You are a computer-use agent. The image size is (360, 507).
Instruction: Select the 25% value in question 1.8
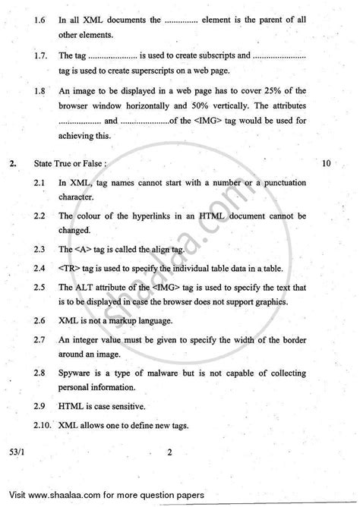pos(278,89)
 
